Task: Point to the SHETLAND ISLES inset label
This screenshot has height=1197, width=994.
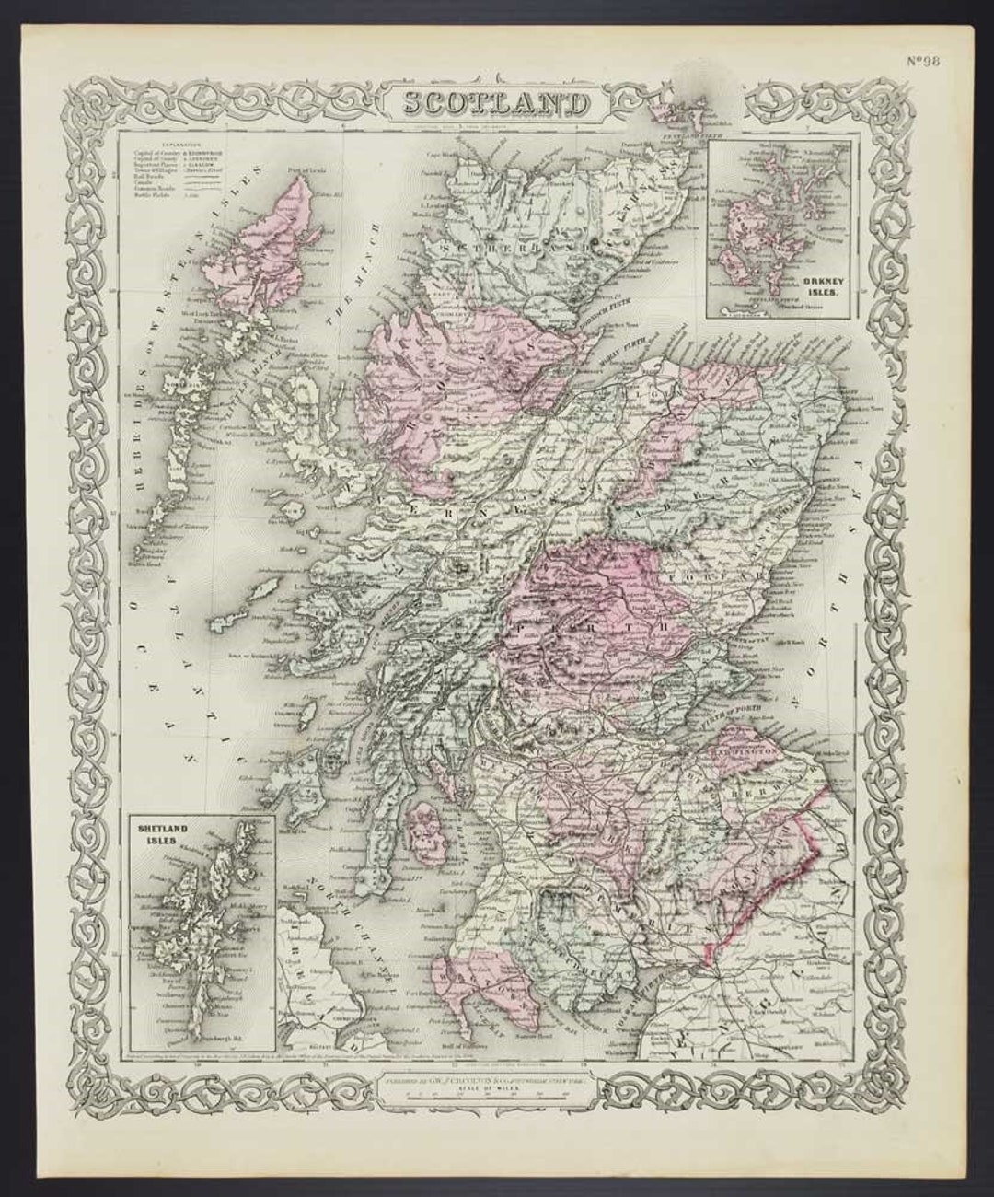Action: tap(163, 834)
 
